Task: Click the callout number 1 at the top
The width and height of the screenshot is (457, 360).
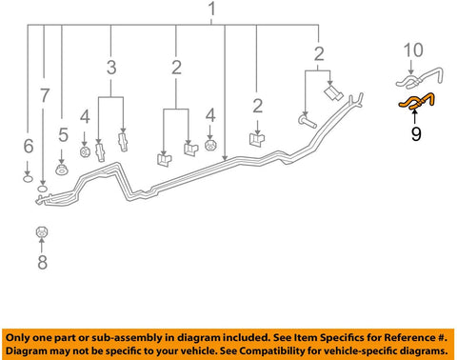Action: click(x=212, y=9)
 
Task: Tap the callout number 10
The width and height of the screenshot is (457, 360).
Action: click(x=413, y=50)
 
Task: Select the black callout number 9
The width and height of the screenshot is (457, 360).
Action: click(x=416, y=133)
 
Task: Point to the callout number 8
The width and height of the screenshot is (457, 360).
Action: click(x=43, y=262)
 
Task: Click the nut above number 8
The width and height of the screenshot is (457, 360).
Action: click(x=42, y=232)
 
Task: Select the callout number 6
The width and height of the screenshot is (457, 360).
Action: click(x=29, y=146)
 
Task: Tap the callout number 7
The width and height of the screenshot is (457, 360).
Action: click(x=45, y=95)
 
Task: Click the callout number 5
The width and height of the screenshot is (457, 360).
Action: click(x=63, y=134)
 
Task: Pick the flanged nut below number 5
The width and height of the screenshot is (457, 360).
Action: click(x=61, y=170)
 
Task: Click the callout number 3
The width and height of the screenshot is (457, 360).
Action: click(x=111, y=68)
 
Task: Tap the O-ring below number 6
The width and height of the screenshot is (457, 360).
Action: click(x=29, y=179)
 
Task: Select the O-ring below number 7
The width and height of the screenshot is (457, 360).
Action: click(x=43, y=190)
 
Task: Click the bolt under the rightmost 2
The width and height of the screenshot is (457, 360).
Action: click(x=308, y=121)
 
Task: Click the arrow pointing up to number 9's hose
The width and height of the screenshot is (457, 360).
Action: click(x=414, y=116)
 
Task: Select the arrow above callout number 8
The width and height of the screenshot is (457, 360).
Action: click(x=42, y=245)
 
